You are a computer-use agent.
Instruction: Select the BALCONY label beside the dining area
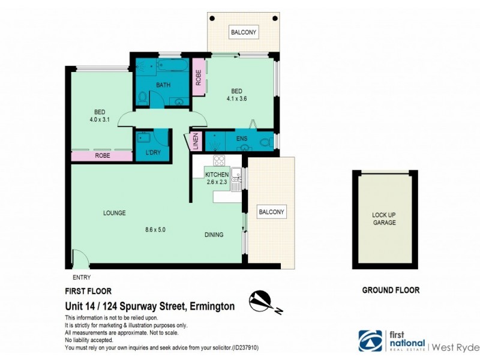(271, 212)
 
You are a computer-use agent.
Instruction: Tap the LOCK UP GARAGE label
(384, 218)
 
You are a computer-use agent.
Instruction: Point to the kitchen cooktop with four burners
(220, 161)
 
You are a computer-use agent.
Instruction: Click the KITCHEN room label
(217, 174)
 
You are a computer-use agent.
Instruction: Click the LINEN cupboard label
(196, 142)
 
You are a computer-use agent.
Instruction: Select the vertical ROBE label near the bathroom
(198, 78)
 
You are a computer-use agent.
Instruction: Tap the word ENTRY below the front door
(81, 277)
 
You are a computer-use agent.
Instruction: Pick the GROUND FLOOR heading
(391, 290)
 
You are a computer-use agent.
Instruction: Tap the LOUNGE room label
(114, 212)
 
